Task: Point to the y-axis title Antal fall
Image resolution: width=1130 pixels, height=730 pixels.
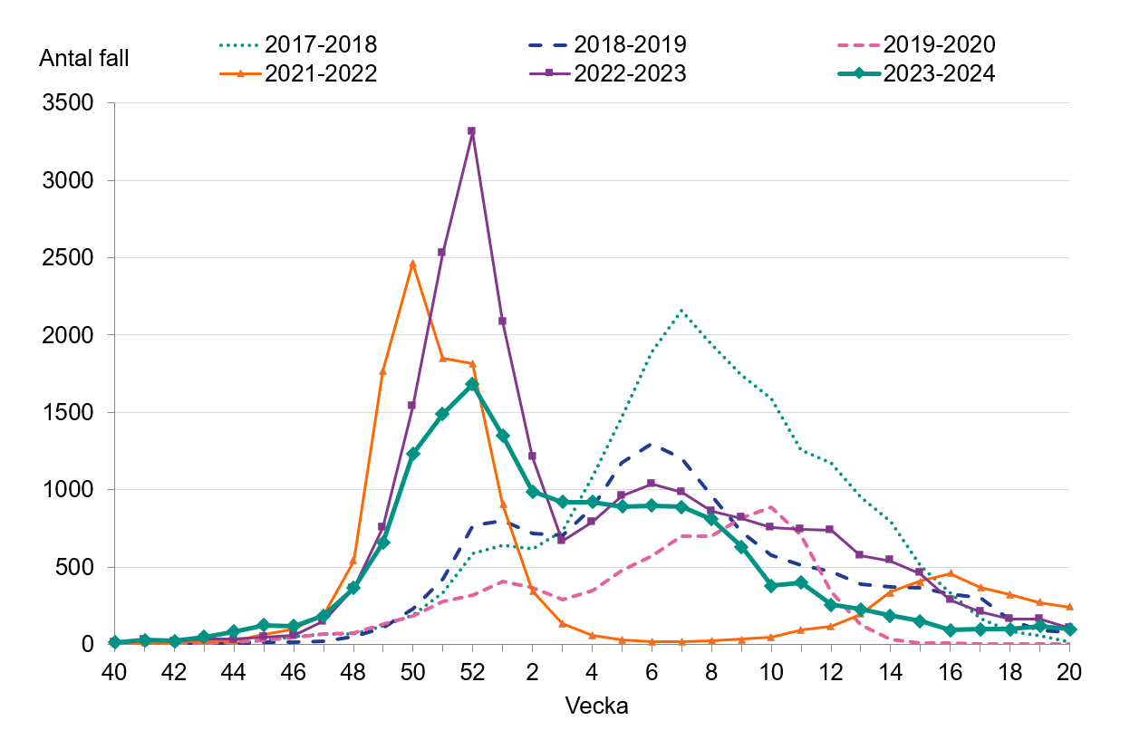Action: (84, 59)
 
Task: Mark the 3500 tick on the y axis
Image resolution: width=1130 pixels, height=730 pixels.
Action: (69, 103)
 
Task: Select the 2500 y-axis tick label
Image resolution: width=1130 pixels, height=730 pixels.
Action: (69, 258)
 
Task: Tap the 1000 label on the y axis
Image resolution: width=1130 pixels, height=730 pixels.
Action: (69, 490)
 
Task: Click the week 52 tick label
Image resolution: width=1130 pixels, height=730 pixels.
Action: (472, 673)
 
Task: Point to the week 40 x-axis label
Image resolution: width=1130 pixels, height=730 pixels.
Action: (114, 673)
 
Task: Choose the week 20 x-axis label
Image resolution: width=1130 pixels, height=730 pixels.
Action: (1069, 673)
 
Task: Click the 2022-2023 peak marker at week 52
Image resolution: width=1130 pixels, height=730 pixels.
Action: (472, 131)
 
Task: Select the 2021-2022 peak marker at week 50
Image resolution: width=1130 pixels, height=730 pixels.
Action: (412, 264)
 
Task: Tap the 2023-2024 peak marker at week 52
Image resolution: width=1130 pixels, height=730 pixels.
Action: (472, 385)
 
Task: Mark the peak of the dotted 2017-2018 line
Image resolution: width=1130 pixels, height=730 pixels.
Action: (681, 310)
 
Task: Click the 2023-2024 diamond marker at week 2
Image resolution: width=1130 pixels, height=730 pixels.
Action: (532, 492)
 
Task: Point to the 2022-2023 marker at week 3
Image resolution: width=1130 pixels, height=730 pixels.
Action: (562, 540)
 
